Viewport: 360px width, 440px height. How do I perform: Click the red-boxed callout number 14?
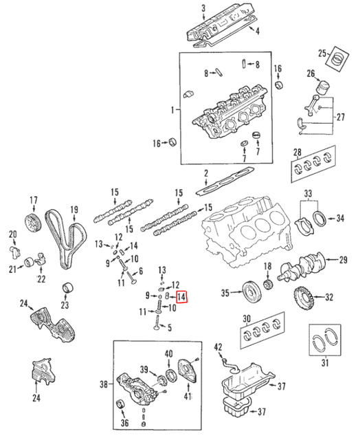pyautogui.click(x=181, y=296)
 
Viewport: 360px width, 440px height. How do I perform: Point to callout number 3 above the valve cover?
pyautogui.click(x=203, y=8)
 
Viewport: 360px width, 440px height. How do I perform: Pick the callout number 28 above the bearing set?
pyautogui.click(x=297, y=152)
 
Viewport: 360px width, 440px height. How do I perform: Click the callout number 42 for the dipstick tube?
pyautogui.click(x=218, y=347)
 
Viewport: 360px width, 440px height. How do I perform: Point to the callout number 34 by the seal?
pyautogui.click(x=339, y=219)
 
